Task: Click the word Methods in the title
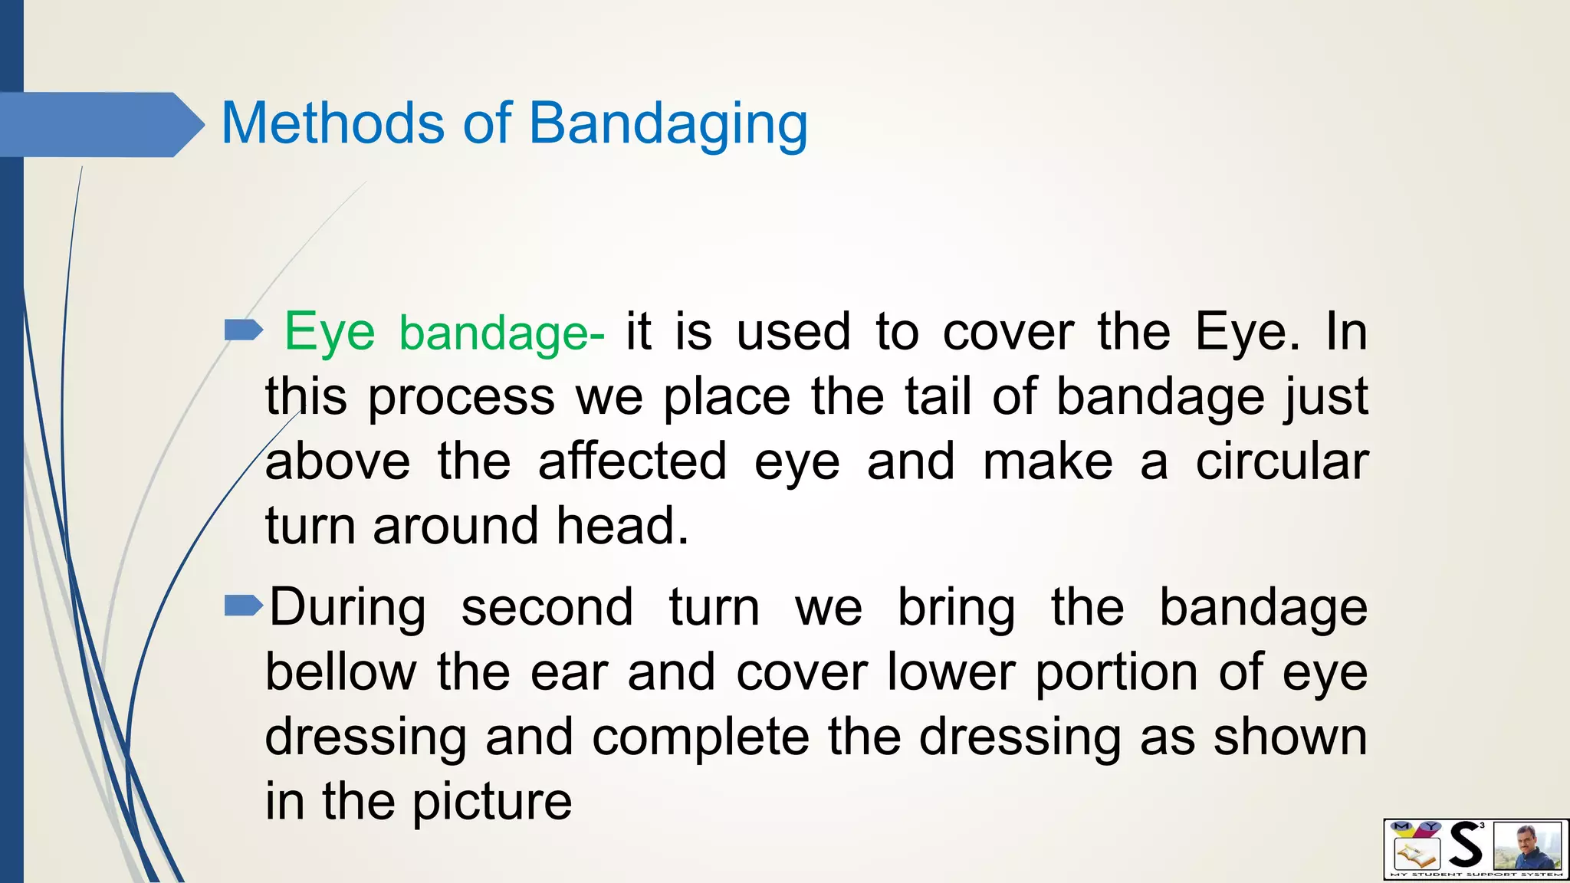pyautogui.click(x=332, y=123)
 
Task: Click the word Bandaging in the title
pyautogui.click(x=668, y=125)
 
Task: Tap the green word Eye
pyautogui.click(x=330, y=333)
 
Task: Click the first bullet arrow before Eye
pyautogui.click(x=243, y=331)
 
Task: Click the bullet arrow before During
pyautogui.click(x=243, y=607)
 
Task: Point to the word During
pyautogui.click(x=347, y=608)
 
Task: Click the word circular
pyautogui.click(x=1282, y=461)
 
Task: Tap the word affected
pyautogui.click(x=632, y=461)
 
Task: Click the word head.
pyautogui.click(x=622, y=527)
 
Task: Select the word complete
pyautogui.click(x=701, y=737)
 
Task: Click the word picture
pyautogui.click(x=491, y=802)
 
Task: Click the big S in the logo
pyautogui.click(x=1466, y=845)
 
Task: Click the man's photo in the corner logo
pyautogui.click(x=1527, y=846)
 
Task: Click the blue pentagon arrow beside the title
pyautogui.click(x=100, y=125)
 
